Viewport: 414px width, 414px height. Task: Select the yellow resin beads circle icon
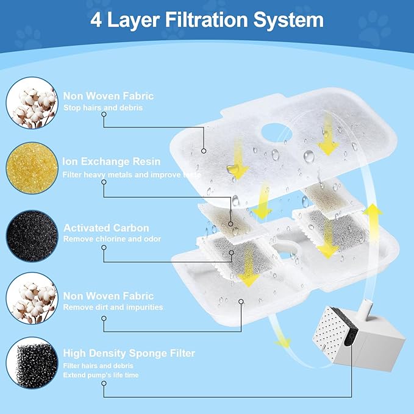coord(30,168)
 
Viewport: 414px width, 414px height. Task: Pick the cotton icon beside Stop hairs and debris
coord(30,102)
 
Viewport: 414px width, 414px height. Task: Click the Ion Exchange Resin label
coord(112,162)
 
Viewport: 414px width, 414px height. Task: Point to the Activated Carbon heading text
coord(106,227)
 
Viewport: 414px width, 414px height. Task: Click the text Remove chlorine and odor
coord(112,239)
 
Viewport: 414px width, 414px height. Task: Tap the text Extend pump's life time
coord(101,375)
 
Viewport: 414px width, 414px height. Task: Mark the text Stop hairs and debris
coord(103,108)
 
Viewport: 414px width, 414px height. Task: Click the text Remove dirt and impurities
coord(113,307)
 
